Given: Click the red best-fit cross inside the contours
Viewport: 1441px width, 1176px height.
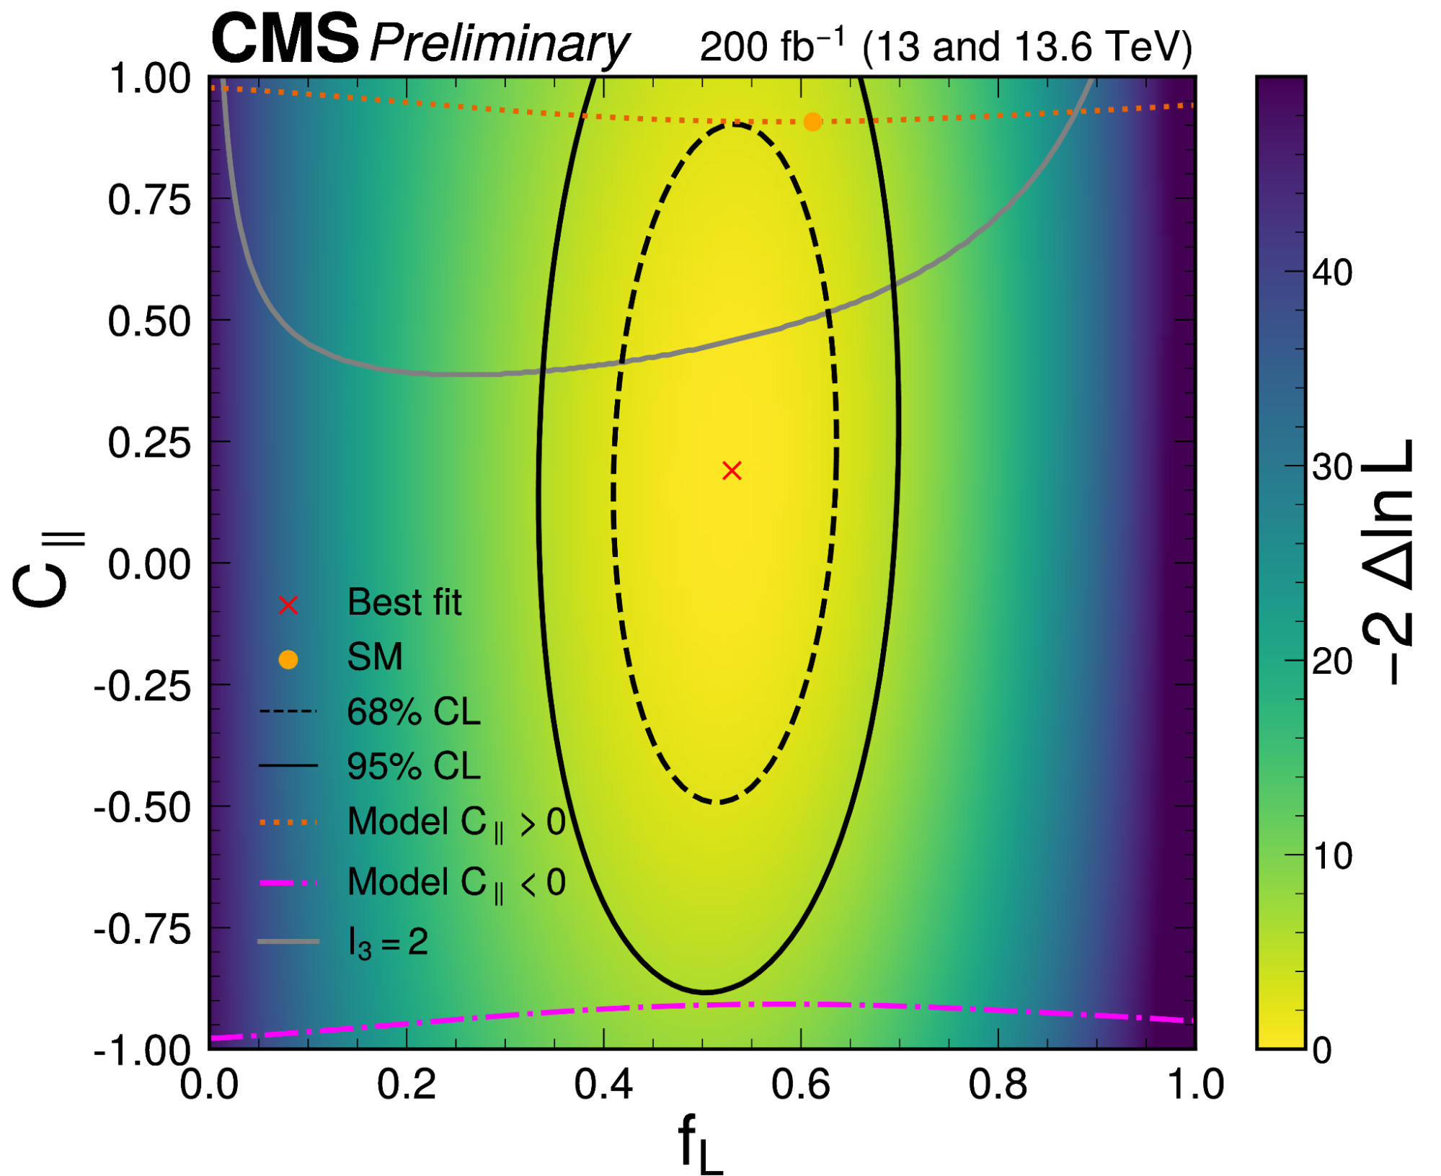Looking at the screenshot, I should tap(732, 471).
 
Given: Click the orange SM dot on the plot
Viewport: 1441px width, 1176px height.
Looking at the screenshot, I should tap(812, 122).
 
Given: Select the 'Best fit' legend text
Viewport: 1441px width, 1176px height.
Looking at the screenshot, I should tap(404, 602).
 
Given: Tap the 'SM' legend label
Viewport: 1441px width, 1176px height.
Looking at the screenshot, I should tap(374, 657).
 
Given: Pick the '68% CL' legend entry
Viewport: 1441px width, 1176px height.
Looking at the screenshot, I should tap(413, 712).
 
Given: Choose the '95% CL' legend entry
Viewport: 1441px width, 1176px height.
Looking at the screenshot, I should tap(413, 766).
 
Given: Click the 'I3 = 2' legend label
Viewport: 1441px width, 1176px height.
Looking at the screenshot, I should tap(388, 942).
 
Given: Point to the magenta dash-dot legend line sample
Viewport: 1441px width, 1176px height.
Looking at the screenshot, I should tap(288, 883).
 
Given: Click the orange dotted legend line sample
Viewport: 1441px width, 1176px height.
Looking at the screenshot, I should tap(288, 822).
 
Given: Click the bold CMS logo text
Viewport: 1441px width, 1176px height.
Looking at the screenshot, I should tap(285, 40).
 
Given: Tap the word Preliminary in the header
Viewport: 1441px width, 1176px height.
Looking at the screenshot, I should tap(499, 45).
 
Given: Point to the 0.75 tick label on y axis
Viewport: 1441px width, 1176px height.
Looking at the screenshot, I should tap(149, 200).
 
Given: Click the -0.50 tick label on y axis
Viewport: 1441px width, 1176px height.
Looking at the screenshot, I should tap(142, 808).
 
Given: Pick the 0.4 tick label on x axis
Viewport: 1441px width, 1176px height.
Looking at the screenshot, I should tap(603, 1084).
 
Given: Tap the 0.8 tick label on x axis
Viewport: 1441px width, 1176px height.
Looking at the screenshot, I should tap(998, 1084).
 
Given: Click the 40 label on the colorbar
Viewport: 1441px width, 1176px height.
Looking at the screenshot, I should tap(1332, 273).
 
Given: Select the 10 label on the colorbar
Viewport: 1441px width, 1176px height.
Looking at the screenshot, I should tap(1332, 856).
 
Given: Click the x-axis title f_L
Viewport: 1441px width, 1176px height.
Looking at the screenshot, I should tap(699, 1142).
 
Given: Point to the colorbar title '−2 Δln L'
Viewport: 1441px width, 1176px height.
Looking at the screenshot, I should tap(1388, 562).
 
